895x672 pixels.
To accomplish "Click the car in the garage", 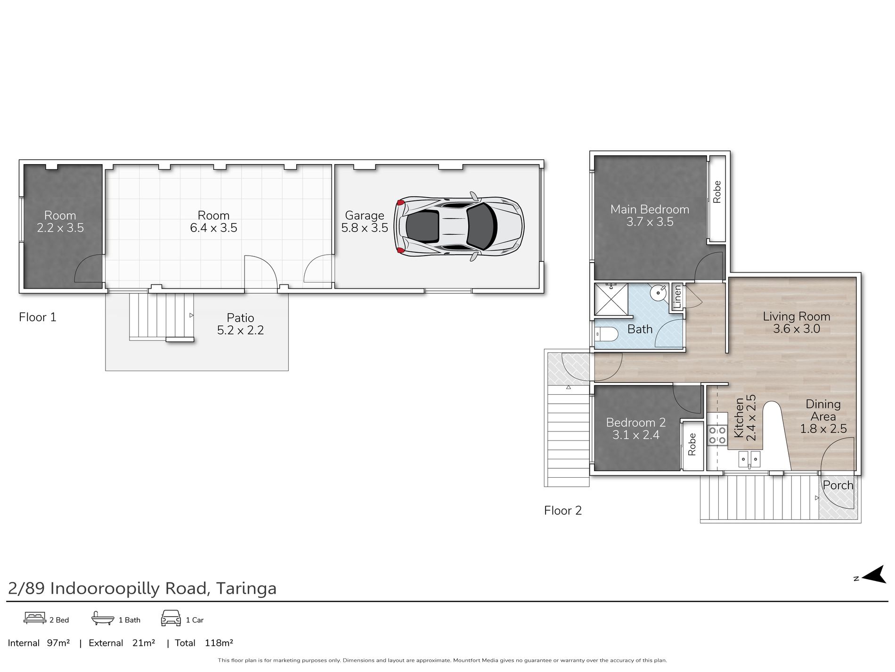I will [459, 225].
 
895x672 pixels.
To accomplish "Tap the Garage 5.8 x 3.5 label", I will [365, 222].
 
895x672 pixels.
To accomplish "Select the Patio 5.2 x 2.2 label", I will [240, 324].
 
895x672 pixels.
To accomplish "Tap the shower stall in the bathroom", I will [611, 299].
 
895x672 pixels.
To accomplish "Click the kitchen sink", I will [749, 458].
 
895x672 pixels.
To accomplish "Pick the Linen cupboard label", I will [677, 297].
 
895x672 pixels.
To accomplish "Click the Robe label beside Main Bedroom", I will [717, 192].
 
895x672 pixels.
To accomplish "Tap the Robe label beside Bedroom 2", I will [692, 444].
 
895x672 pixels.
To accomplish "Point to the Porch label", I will [838, 485].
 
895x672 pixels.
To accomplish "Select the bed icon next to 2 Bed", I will [35, 618].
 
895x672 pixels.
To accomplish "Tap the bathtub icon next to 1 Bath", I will [103, 618].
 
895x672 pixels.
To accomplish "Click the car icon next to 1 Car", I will [171, 618].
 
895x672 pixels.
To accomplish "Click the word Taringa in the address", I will [246, 589].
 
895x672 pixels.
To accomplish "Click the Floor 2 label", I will [563, 511].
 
